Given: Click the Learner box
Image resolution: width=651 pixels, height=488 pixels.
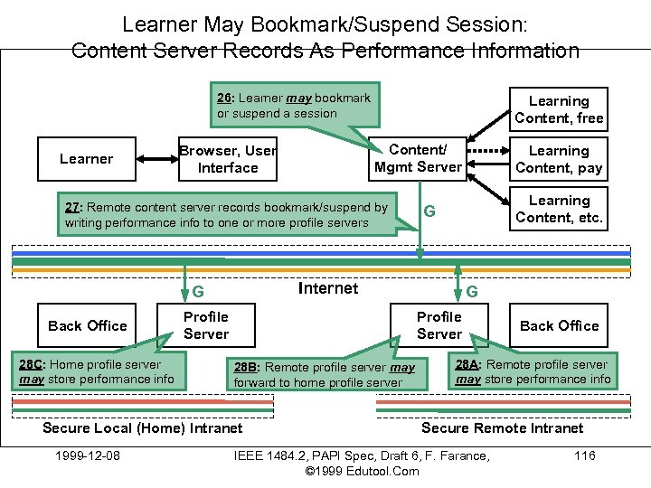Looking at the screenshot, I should tap(87, 159).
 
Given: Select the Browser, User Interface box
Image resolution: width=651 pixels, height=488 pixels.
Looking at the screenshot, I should tap(227, 159).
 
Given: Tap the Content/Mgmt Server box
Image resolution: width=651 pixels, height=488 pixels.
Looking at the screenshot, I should tap(418, 158).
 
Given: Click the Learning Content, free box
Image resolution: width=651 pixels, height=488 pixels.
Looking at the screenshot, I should tap(558, 109).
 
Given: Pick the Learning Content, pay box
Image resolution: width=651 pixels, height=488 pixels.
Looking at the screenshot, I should tap(558, 159).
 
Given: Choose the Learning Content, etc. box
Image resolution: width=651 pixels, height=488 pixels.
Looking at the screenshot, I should tap(558, 209).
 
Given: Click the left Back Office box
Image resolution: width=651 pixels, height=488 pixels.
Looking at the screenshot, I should tap(88, 325).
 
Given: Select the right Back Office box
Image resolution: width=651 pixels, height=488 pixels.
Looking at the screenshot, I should tap(559, 325).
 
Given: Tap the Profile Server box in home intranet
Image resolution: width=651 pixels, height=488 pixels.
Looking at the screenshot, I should tap(206, 325).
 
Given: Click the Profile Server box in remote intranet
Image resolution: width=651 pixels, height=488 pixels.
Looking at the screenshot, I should tap(439, 325).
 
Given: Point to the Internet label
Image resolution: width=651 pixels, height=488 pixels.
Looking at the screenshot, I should tap(327, 288).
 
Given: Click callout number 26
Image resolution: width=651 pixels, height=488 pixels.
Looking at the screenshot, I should tap(225, 98).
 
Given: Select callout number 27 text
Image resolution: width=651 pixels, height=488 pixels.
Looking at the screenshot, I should tap(226, 214).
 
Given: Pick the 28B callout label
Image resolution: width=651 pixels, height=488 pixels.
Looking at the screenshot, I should tap(245, 368).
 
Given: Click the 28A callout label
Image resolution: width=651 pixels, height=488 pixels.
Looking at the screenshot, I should tap(467, 364).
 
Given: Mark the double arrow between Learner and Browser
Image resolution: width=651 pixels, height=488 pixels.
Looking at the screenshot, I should tap(156, 159).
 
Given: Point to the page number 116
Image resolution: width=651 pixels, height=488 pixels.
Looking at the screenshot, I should tap(585, 455).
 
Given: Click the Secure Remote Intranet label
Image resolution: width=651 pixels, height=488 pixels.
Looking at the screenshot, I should tap(502, 427).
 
